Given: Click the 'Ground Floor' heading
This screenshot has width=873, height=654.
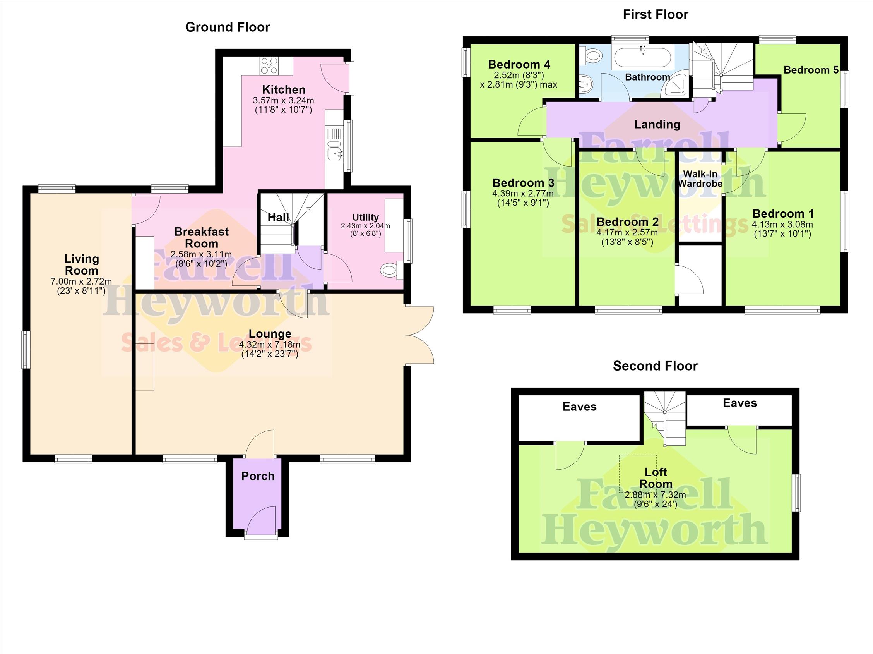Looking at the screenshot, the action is coord(228,27).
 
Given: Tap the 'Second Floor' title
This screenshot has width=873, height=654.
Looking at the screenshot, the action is coord(655,366).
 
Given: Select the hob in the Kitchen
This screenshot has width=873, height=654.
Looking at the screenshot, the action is coord(270,65).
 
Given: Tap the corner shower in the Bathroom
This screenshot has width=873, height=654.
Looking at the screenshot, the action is coord(676,84).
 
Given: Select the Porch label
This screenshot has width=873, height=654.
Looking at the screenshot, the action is coord(258,476).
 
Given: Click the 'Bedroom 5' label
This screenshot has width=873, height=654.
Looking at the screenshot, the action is coord(811,70).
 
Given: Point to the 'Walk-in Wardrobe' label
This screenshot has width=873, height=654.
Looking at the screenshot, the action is coord(700,179).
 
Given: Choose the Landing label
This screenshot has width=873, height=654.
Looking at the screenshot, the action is coord(657,124).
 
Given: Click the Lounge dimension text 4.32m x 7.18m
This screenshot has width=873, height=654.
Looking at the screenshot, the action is coord(270,345).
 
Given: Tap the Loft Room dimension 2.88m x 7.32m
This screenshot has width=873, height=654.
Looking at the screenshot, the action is coord(655,495).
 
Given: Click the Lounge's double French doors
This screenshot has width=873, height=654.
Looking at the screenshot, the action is coord(420,335).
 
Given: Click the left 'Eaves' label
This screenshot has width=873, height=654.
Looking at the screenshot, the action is coord(579,407).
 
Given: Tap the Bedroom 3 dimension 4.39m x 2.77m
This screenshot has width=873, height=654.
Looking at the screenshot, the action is coord(523,194).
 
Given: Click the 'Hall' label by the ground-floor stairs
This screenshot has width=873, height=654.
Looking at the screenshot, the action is coord(278,217).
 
